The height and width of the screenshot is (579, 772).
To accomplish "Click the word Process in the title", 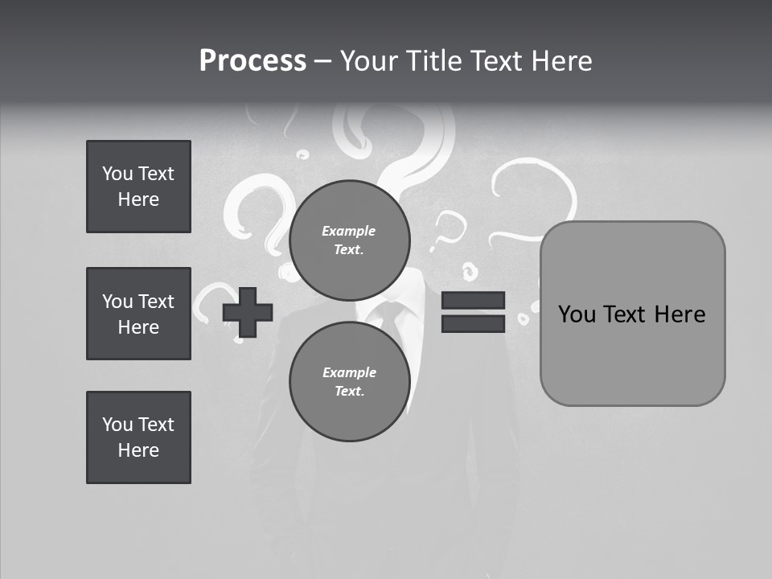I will [x=253, y=61].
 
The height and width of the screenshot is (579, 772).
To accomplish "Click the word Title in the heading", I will [x=433, y=61].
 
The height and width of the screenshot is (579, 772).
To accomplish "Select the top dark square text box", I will [x=138, y=187].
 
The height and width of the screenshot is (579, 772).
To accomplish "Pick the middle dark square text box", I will [x=138, y=314].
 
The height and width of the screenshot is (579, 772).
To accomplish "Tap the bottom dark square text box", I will [x=138, y=437].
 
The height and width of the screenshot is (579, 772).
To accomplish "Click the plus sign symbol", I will [x=248, y=313].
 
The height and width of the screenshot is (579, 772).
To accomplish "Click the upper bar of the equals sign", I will [x=473, y=301].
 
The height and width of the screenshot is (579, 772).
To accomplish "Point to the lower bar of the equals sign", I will [x=473, y=323].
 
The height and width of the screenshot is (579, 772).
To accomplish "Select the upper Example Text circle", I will [x=349, y=240].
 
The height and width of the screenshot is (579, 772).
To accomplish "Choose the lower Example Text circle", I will [x=349, y=382].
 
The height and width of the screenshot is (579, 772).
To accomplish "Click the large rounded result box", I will [x=632, y=314].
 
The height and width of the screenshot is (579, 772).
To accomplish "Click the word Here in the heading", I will [x=561, y=61].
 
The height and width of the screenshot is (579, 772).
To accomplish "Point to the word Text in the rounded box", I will [x=628, y=314].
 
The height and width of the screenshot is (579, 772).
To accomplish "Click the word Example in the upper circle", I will [x=349, y=231].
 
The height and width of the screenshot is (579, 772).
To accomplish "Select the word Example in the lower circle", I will [x=349, y=372].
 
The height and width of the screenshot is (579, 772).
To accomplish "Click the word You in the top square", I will [x=117, y=174].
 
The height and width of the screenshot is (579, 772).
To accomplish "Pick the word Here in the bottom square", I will [x=138, y=450].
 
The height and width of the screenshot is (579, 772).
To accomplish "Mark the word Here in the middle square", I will [x=138, y=327].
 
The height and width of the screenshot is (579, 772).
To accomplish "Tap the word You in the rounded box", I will [x=577, y=314].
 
